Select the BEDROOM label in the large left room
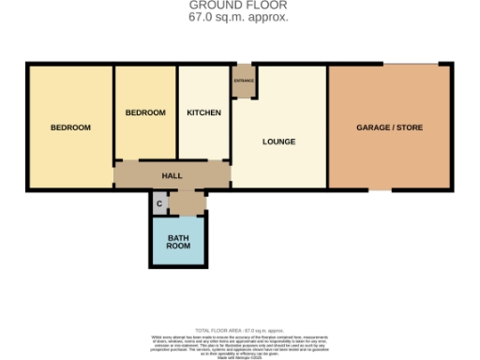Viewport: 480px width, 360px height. tap(70, 127)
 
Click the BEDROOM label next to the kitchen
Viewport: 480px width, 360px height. tap(145, 112)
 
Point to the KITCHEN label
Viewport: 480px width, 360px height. tap(204, 112)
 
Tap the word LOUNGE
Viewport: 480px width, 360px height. tap(279, 142)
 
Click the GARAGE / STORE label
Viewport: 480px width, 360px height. tap(388, 127)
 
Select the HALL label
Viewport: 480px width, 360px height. tap(172, 175)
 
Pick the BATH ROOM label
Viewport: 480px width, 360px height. tap(179, 243)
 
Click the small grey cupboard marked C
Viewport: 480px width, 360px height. tap(159, 203)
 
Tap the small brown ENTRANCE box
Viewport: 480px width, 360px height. tap(243, 80)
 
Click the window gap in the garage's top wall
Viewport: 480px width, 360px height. tap(410, 64)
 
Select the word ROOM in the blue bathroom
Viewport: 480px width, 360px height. tap(179, 247)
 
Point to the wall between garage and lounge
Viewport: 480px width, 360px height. tap(326, 127)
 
